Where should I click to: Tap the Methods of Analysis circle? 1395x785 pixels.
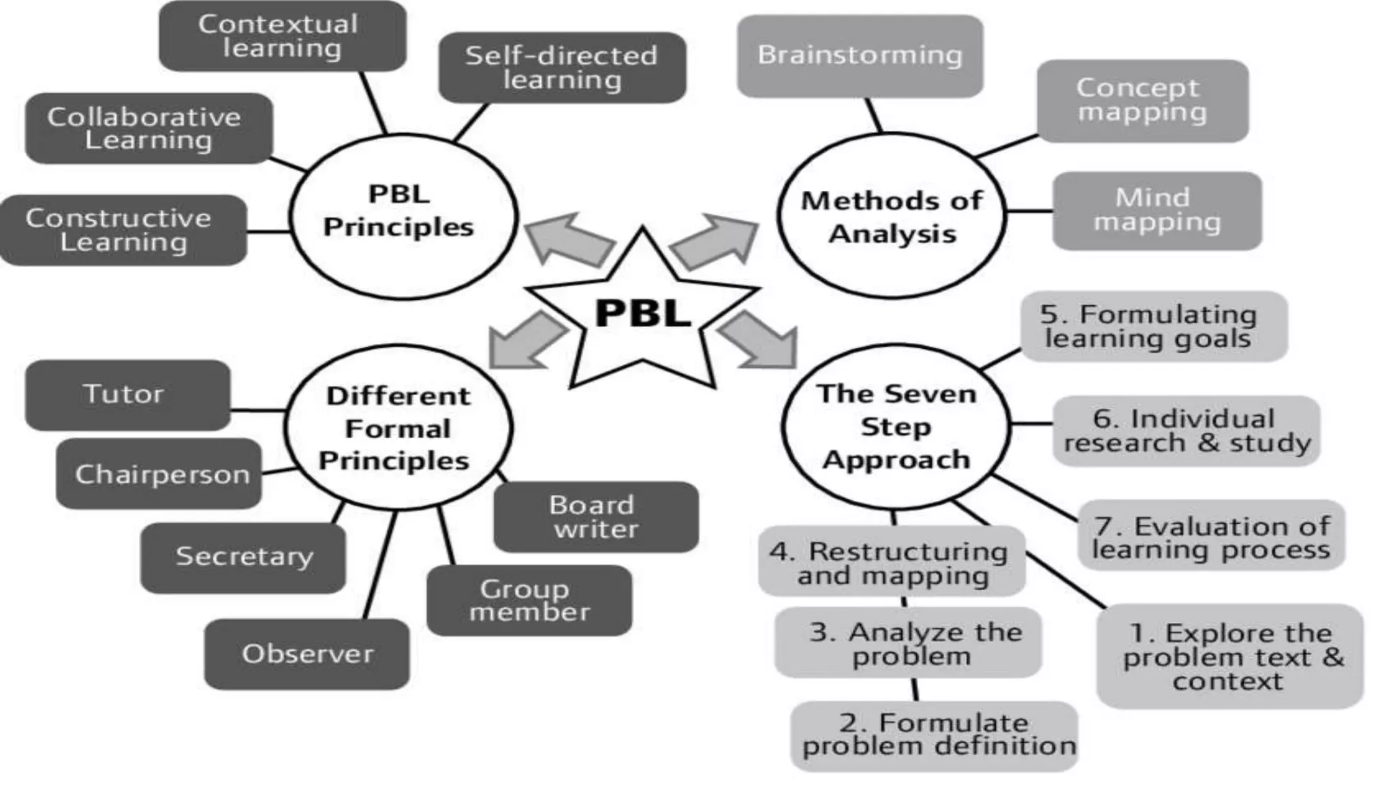coord(891,215)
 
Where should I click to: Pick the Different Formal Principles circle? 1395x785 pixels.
coord(398,428)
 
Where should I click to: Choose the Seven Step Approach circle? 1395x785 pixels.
coord(896,427)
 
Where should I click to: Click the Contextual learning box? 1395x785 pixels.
coord(282,35)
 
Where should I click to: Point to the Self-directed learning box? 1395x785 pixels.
coord(562,67)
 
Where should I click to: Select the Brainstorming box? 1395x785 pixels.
coord(860,56)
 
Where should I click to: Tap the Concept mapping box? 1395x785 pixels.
coord(1142,100)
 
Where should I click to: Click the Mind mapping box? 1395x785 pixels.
coord(1157,211)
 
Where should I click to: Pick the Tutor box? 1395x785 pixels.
coord(127,395)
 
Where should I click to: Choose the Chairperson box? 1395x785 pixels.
coord(159,474)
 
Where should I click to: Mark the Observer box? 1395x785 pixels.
coord(307,653)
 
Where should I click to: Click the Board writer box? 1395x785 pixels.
coord(595,517)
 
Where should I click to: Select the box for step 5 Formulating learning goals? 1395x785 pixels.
coord(1153,326)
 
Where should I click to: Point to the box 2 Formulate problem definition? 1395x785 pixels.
coord(934,735)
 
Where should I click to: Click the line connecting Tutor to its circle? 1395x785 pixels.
coord(257,410)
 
